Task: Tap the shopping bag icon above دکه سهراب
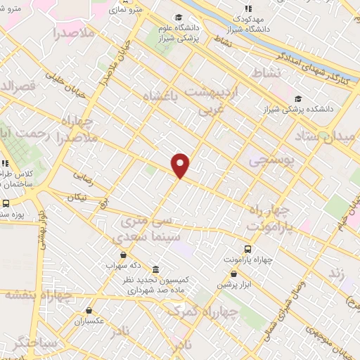(x=124, y=255)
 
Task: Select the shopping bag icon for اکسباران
(x=89, y=310)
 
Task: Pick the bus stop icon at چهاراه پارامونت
(x=247, y=249)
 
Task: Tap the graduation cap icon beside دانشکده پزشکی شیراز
(x=300, y=98)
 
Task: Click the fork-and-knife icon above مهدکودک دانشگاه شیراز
(x=247, y=8)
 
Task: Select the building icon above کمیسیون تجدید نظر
(x=155, y=269)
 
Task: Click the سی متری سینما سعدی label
(x=145, y=230)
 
